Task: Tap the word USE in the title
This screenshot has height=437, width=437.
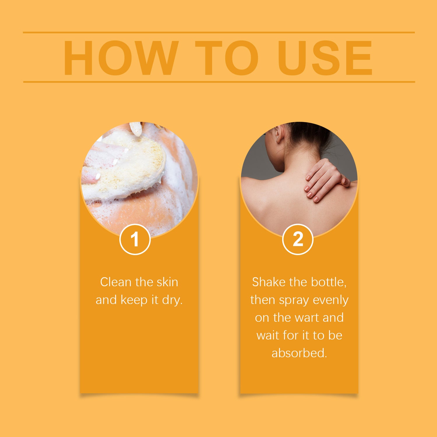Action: [325, 58]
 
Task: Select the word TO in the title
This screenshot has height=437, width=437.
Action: [227, 58]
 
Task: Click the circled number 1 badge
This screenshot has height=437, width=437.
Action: [135, 239]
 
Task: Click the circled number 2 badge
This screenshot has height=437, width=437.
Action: [298, 239]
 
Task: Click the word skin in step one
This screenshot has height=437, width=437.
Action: [167, 282]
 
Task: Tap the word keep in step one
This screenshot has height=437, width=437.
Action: [134, 300]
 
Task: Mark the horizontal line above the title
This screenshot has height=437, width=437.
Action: [219, 32]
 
